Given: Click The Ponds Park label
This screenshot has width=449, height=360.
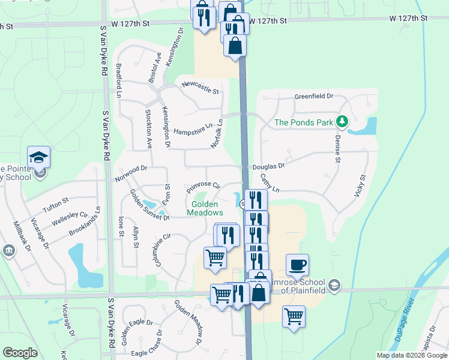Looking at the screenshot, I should coord(303,122).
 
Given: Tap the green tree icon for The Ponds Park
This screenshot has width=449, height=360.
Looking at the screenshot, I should coord(342,122).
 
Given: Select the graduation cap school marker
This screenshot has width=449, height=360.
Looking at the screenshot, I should coord(39,157).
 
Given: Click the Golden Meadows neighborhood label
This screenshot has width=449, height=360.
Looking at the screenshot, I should coord(207,208).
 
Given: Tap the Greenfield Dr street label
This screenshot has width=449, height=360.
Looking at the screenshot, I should coord(313,96).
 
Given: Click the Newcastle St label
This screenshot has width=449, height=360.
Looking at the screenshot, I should coord(200,88).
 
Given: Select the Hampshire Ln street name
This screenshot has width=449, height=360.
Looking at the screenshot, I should coord(193,130).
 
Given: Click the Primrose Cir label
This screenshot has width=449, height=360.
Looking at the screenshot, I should coord(203,188).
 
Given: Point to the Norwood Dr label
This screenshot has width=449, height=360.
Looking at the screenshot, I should coord(131,174).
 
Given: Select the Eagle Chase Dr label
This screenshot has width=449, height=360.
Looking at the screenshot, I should coord(147,347).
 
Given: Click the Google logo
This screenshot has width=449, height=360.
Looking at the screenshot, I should coord(20,353).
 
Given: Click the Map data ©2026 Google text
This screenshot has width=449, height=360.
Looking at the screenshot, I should coord(412,355).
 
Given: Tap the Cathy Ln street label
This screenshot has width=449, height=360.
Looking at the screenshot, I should coord(270,183).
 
